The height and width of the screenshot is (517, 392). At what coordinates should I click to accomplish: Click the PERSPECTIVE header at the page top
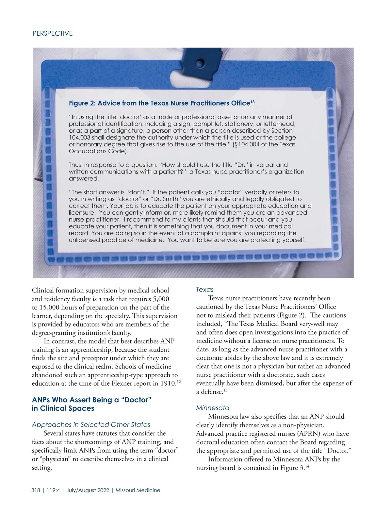pyautogui.click(x=53, y=33)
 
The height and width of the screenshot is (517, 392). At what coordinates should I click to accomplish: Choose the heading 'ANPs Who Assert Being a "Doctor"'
pyautogui.click(x=91, y=400)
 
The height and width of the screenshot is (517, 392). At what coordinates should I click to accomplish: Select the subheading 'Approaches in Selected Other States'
pyautogui.click(x=91, y=425)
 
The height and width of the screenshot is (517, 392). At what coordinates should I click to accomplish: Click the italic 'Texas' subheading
pyautogui.click(x=204, y=290)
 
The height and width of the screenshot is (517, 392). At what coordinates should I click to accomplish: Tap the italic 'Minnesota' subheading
pyautogui.click(x=213, y=408)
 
